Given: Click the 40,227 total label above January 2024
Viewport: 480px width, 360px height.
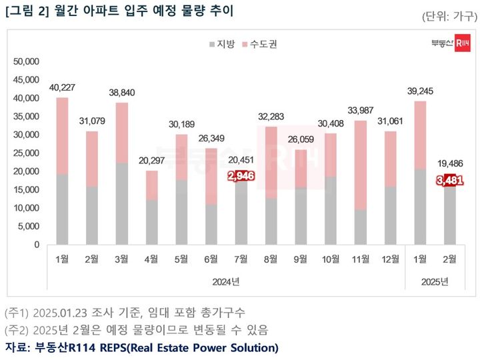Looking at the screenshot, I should tap(62, 87).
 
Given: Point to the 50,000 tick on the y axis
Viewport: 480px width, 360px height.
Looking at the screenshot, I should tap(27, 61).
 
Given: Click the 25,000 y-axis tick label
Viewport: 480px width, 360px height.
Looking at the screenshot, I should tap(27, 153).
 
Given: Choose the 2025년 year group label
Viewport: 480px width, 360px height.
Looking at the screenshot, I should tap(435, 281).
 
